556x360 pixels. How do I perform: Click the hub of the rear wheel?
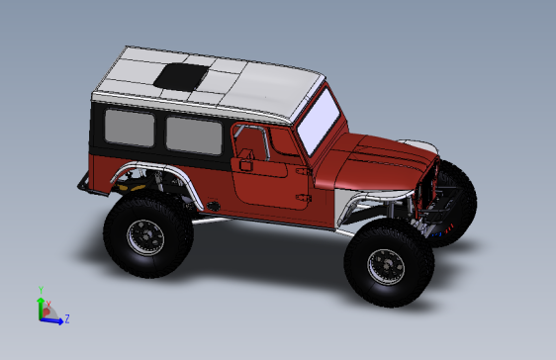click(145, 235)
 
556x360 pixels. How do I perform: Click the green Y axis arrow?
click(41, 304)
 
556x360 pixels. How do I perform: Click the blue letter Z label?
click(66, 318)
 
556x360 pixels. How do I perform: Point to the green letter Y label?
click(41, 290)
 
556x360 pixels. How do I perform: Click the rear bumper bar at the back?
click(84, 184)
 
